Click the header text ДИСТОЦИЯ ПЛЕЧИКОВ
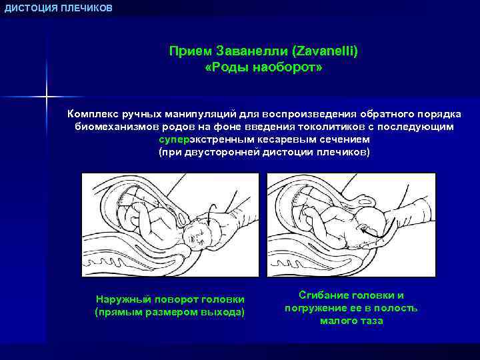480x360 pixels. tap(59, 8)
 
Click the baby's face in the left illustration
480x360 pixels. tap(196, 235)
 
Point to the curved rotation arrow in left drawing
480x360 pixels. tap(211, 215)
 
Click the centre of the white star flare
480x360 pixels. tap(47, 98)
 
